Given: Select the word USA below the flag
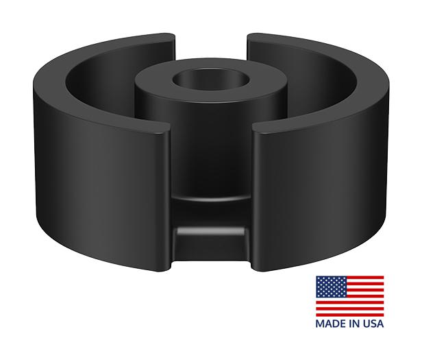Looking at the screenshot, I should [x=370, y=322].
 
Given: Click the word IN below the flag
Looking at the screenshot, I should [x=351, y=322].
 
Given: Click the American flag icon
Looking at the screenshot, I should [x=349, y=295].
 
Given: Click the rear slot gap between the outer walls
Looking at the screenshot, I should [x=211, y=43].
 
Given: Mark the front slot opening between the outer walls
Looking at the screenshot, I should [x=210, y=171].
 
